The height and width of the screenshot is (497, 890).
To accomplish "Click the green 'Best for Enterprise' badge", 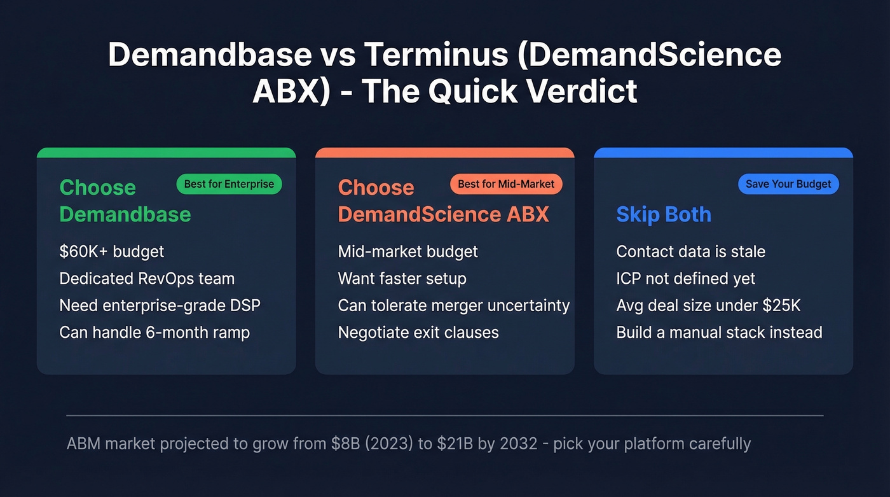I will (229, 185).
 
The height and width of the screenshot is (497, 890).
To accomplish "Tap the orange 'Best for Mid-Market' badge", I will (506, 185).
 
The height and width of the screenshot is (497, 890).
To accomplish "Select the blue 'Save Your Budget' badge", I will (788, 185).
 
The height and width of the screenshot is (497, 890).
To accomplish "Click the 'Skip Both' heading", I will (664, 214).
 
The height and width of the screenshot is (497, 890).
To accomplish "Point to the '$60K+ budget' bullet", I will (112, 251).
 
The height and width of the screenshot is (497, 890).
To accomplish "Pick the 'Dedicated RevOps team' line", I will (147, 279).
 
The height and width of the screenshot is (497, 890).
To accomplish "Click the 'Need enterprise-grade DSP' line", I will (160, 305).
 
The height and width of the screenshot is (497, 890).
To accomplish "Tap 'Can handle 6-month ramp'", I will (154, 332).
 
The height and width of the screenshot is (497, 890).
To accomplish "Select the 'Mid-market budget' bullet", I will (407, 251).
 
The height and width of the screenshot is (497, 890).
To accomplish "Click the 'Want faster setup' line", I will (402, 279).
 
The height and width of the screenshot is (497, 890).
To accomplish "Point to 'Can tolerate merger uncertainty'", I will (453, 305).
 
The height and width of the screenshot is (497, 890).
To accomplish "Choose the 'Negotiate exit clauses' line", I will (418, 332).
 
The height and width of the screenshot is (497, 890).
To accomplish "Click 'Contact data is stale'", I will (690, 251).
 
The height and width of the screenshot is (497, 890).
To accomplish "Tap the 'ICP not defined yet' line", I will (686, 279).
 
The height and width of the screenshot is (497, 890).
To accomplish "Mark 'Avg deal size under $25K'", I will (708, 305).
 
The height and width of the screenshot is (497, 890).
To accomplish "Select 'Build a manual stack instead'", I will (719, 332).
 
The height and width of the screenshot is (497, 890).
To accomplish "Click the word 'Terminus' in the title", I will (436, 55).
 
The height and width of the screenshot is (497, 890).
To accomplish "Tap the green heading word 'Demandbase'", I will (125, 214).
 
